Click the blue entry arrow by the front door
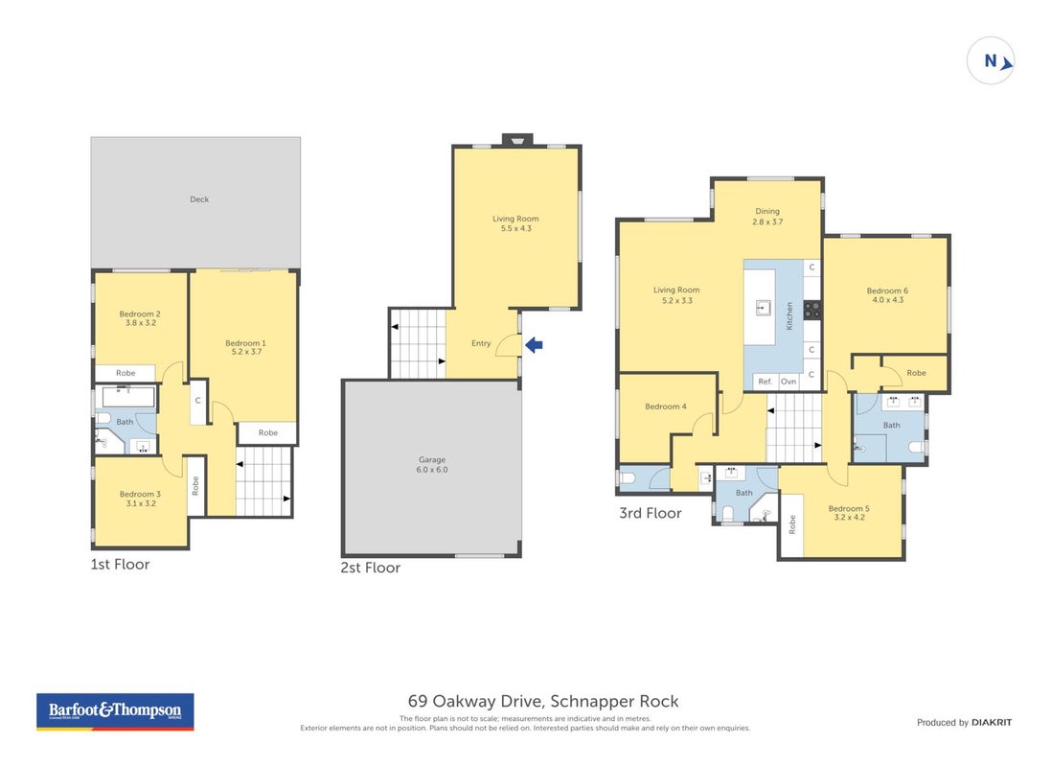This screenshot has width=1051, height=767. pyautogui.click(x=534, y=345)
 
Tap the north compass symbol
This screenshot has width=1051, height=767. pyautogui.click(x=991, y=61)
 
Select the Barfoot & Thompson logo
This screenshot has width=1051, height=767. pyautogui.click(x=115, y=712)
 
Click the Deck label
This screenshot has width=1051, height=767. pyautogui.click(x=199, y=199)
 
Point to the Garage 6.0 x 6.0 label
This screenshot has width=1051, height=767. pyautogui.click(x=432, y=464)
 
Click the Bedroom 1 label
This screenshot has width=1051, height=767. pyautogui.click(x=245, y=343)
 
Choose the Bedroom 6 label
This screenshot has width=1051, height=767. pyautogui.click(x=887, y=291)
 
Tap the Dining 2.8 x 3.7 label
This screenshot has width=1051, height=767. pyautogui.click(x=767, y=216)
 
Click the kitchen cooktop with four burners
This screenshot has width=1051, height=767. pyautogui.click(x=812, y=310)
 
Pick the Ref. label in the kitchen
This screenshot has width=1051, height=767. pyautogui.click(x=765, y=382)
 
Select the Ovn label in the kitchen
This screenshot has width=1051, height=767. pyautogui.click(x=788, y=382)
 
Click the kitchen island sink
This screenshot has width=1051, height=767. pyautogui.click(x=763, y=308)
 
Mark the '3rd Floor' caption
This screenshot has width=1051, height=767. pyautogui.click(x=651, y=513)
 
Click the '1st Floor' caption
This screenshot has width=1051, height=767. pyautogui.click(x=120, y=565)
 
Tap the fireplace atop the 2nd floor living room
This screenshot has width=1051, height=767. pyautogui.click(x=517, y=140)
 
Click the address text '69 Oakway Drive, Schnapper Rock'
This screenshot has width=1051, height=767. pyautogui.click(x=543, y=701)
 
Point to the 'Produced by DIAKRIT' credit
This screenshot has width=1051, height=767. pyautogui.click(x=965, y=722)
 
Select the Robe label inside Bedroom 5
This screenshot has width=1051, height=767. pyautogui.click(x=792, y=523)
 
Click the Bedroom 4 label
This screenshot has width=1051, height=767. pyautogui.click(x=666, y=406)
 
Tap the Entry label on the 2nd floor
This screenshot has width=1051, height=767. pyautogui.click(x=481, y=343)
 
